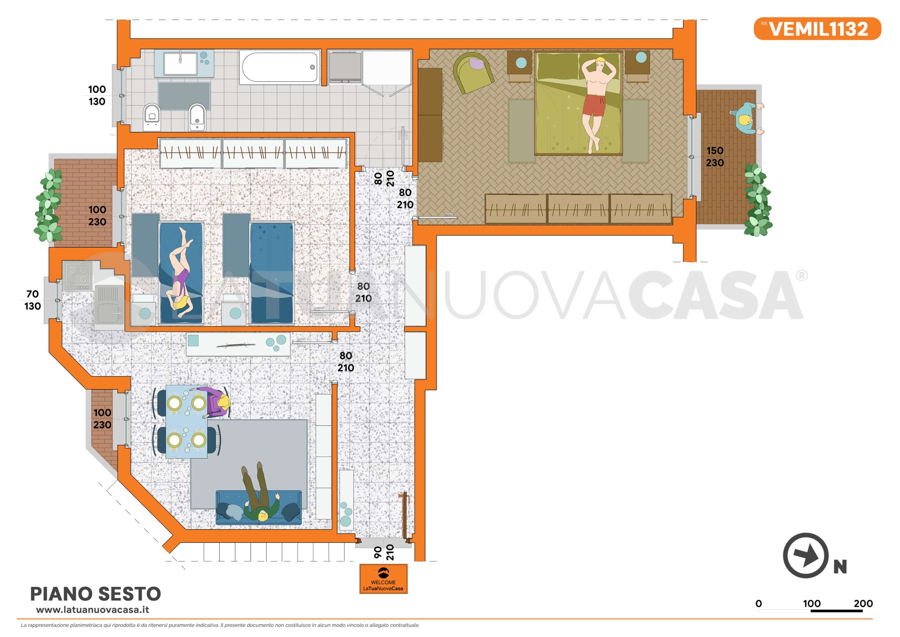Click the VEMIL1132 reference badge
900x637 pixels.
[x=817, y=28]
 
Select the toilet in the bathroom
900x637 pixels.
[x=152, y=116]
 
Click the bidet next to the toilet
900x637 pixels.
[x=197, y=116]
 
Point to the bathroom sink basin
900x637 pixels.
[x=180, y=63]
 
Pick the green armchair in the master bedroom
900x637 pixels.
[x=473, y=72]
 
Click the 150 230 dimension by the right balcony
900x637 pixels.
[x=715, y=157]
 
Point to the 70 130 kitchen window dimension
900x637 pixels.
[x=33, y=300]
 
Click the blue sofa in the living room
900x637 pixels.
[x=259, y=508]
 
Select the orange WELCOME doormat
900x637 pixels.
[x=383, y=579]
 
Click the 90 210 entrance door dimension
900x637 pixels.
[x=383, y=552]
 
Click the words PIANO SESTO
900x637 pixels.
[x=96, y=594]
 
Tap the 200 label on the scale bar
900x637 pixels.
[x=863, y=604]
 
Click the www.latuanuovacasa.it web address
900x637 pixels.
[x=92, y=610]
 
